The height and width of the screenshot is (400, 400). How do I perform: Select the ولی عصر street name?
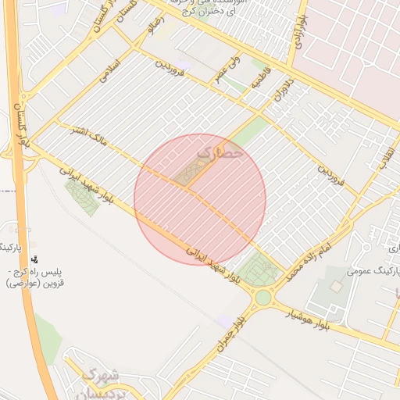tap(229, 66)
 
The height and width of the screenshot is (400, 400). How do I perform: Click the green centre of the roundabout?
tap(263, 297)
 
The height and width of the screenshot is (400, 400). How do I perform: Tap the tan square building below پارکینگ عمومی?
tap(336, 287)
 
